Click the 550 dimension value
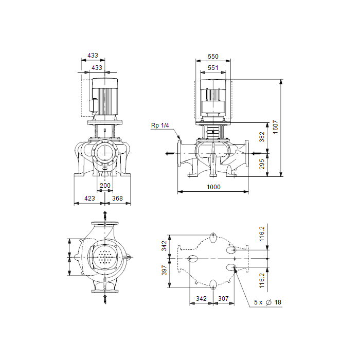coord(213,57)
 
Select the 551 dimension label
coord(213,68)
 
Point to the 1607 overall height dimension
coord(275,127)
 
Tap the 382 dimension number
coord(262,137)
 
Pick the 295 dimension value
coord(262,164)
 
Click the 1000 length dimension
coord(213,187)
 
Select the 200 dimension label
coord(105,186)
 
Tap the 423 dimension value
coord(89,199)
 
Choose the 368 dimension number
coord(117,199)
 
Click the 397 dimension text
coord(164,270)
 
